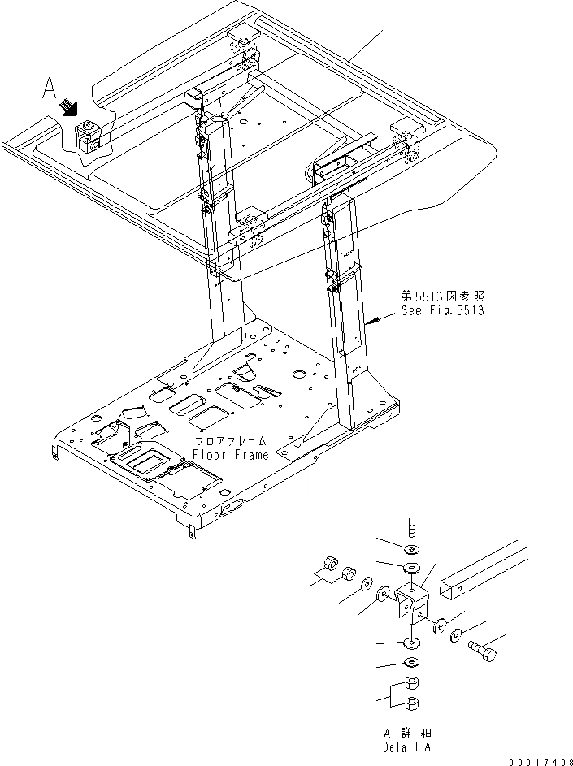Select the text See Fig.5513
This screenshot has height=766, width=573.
[441, 311]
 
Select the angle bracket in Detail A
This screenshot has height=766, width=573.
[410, 605]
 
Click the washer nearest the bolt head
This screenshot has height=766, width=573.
[457, 634]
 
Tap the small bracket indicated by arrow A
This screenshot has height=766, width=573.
[88, 136]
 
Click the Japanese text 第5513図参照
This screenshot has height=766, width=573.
[441, 297]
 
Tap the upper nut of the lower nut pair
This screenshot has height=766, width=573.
[412, 682]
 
